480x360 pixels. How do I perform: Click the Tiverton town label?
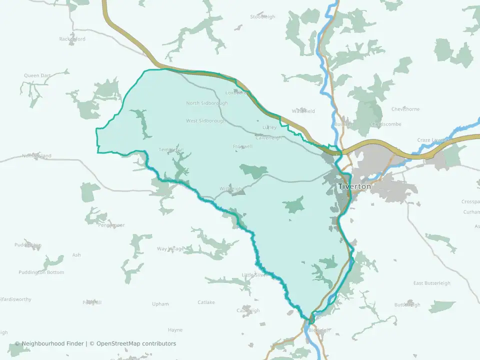click(354, 186)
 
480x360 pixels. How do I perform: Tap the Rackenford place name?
click(72, 39)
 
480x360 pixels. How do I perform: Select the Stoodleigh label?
click(262, 17)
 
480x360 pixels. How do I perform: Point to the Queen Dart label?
click(37, 76)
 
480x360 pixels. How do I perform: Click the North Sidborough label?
click(206, 103)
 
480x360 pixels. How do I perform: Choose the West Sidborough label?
click(205, 121)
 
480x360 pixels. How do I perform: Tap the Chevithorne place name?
click(405, 109)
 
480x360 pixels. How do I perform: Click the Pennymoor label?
click(111, 225)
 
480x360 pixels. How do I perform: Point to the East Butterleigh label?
click(431, 283)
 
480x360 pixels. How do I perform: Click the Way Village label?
click(170, 248)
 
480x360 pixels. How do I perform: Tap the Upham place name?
click(160, 304)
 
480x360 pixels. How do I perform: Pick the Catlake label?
click(206, 302)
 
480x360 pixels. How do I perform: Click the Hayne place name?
click(175, 330)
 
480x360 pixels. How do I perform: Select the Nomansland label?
click(36, 156)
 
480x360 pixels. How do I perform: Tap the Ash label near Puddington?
click(76, 255)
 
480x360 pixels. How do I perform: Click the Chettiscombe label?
click(385, 124)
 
